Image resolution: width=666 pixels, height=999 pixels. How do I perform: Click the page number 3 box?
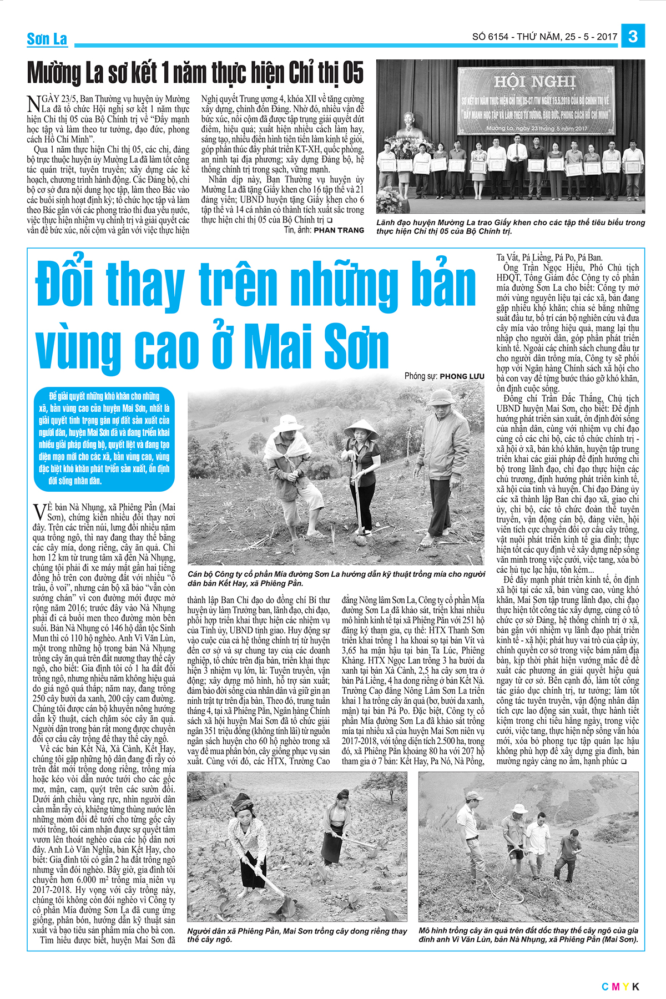[x=633, y=37]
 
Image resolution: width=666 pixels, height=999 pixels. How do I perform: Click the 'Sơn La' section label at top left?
[x=47, y=39]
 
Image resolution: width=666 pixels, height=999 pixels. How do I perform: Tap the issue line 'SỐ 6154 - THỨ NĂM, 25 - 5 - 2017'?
[x=544, y=37]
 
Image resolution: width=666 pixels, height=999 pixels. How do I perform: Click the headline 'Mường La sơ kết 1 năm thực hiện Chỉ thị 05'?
[x=195, y=73]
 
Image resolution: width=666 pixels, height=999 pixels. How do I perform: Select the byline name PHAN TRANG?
[x=339, y=230]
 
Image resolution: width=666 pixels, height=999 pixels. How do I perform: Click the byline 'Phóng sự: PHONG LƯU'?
[x=444, y=376]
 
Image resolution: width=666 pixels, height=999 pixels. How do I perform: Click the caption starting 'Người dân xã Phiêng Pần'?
[x=297, y=935]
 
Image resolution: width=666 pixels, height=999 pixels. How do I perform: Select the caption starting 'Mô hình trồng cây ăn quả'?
[x=528, y=935]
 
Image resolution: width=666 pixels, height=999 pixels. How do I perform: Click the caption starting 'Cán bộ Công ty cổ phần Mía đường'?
[x=336, y=578]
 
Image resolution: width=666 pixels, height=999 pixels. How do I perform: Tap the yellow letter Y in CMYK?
[x=625, y=986]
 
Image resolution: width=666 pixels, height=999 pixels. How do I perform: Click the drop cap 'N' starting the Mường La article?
[x=34, y=103]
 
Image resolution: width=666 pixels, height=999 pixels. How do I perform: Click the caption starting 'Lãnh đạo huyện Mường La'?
[x=511, y=226]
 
